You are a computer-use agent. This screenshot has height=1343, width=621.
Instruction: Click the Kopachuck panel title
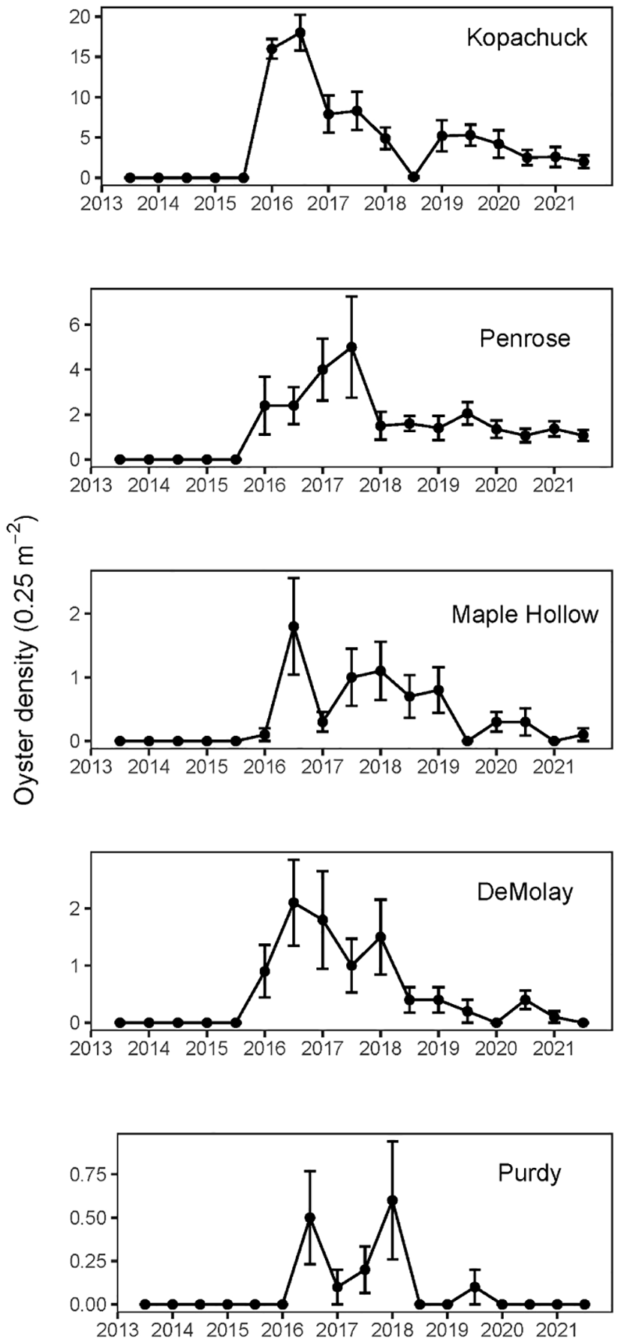(x=526, y=38)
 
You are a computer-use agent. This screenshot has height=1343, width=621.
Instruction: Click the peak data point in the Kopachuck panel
(x=300, y=32)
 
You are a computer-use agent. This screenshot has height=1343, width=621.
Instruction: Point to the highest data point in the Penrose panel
(x=351, y=347)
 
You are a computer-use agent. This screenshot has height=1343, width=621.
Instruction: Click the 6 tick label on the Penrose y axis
(x=76, y=325)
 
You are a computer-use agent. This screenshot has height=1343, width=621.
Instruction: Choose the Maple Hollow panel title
(x=525, y=615)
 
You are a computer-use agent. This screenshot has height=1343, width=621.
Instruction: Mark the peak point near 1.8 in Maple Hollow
(x=294, y=626)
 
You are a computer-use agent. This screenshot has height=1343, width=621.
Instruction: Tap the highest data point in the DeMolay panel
(x=294, y=903)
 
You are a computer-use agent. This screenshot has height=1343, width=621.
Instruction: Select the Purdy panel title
(x=529, y=1172)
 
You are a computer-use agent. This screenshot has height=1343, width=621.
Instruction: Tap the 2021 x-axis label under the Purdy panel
(x=556, y=1330)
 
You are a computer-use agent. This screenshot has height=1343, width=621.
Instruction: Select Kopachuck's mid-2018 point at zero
(x=413, y=177)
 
